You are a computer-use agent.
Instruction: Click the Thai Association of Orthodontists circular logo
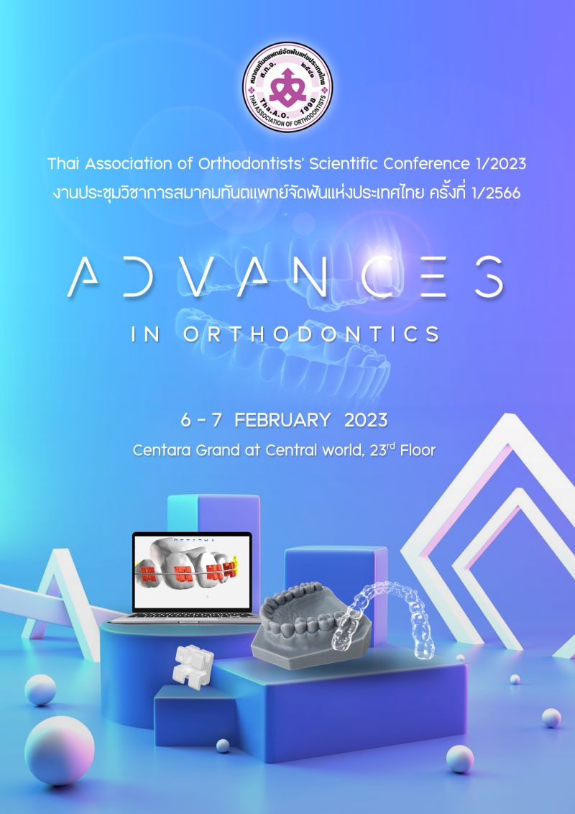pyautogui.click(x=287, y=87)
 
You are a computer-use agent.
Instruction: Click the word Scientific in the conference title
pyautogui.click(x=344, y=164)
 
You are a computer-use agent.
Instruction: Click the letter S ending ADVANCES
pyautogui.click(x=489, y=277)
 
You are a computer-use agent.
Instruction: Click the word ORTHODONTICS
pyautogui.click(x=311, y=335)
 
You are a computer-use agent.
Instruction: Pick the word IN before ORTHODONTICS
pyautogui.click(x=146, y=335)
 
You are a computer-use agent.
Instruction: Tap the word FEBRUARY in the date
pyautogui.click(x=282, y=419)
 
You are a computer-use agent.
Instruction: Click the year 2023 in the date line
pyautogui.click(x=366, y=419)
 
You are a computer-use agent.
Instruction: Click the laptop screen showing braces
pyautogui.click(x=191, y=572)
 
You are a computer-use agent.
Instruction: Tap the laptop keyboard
pyautogui.click(x=184, y=617)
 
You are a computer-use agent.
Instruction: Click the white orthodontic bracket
pyautogui.click(x=193, y=667)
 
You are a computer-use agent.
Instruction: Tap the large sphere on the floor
pyautogui.click(x=60, y=749)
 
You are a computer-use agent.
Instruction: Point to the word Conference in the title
pyautogui.click(x=427, y=164)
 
